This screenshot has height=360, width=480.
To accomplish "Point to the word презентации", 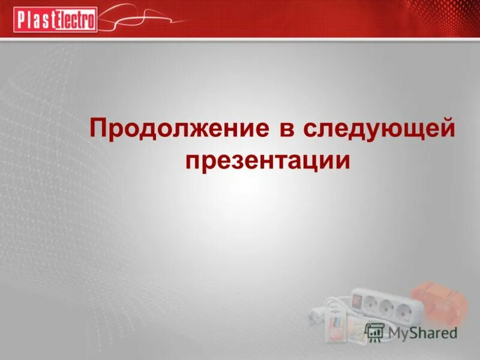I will point(267,161).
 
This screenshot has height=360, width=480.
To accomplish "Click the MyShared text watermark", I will point(422,332).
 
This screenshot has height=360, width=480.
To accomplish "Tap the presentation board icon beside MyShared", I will point(375,331).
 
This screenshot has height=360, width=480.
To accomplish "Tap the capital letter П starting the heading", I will point(98,128).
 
